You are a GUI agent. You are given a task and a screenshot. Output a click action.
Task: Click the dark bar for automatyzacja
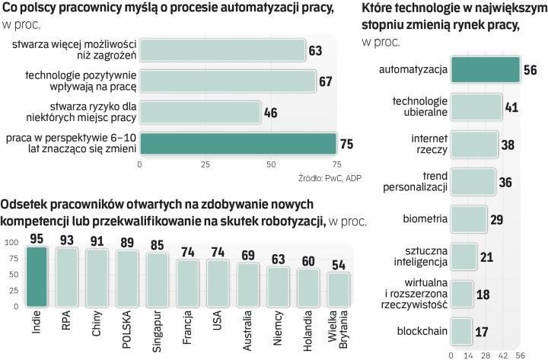coord(486,68)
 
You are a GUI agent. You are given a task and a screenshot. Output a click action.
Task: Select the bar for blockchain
coord(460,331)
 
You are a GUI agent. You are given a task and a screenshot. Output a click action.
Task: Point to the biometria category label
coord(425,219)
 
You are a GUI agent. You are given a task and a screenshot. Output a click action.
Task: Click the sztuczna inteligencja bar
coord(464,256)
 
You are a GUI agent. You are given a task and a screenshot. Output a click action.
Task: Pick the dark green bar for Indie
coord(37,276)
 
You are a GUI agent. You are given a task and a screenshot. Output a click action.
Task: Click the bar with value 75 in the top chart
coord(237,144)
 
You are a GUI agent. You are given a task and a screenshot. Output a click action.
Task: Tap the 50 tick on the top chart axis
coord(270,164)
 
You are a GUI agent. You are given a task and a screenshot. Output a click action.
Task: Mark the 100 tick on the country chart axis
coord(12,242)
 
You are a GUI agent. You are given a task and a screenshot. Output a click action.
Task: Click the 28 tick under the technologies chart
coord(486,354)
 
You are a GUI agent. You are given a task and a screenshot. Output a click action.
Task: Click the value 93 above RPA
coord(68,240)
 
